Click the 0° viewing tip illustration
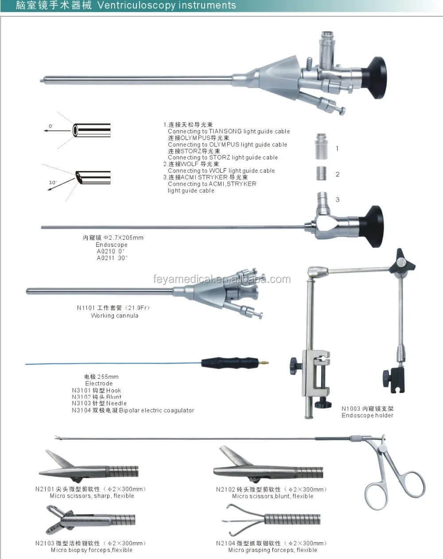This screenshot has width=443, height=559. [91, 130]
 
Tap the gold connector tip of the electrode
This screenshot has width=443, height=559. [264, 363]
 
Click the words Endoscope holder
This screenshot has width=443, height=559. [367, 415]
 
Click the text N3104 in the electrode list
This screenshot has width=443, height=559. [81, 411]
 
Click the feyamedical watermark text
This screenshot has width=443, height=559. [221, 279]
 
